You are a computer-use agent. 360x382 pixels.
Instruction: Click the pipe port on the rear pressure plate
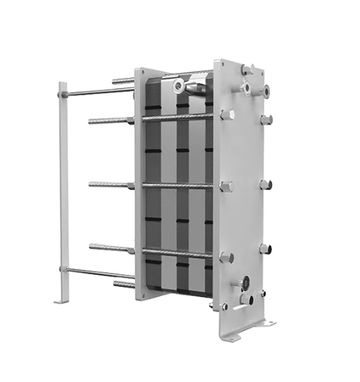179,86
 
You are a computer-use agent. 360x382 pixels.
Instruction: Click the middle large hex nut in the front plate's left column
226,187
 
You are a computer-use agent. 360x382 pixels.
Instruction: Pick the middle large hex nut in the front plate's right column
266,185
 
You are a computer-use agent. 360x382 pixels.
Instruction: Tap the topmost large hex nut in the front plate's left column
226,114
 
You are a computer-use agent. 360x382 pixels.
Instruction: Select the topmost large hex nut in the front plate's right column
266,120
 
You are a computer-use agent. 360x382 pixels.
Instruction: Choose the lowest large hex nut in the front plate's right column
265,249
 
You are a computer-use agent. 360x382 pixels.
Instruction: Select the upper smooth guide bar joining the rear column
99,92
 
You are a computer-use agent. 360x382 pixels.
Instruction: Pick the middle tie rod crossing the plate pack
177,186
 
